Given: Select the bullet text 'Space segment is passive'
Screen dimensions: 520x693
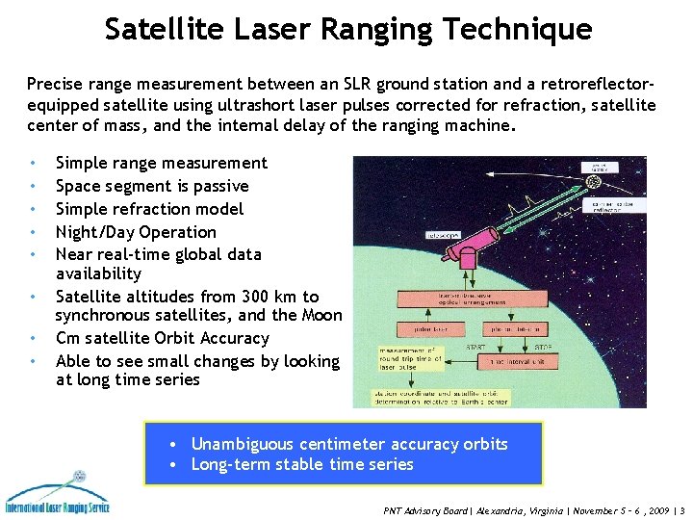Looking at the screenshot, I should (152, 186).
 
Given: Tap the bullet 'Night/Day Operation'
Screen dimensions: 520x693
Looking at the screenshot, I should (136, 232).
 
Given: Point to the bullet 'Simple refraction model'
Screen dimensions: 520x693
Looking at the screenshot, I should (149, 209).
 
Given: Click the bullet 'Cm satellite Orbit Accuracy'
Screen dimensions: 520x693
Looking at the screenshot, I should (162, 338).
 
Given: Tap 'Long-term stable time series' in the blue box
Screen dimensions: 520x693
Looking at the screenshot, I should (301, 464).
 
